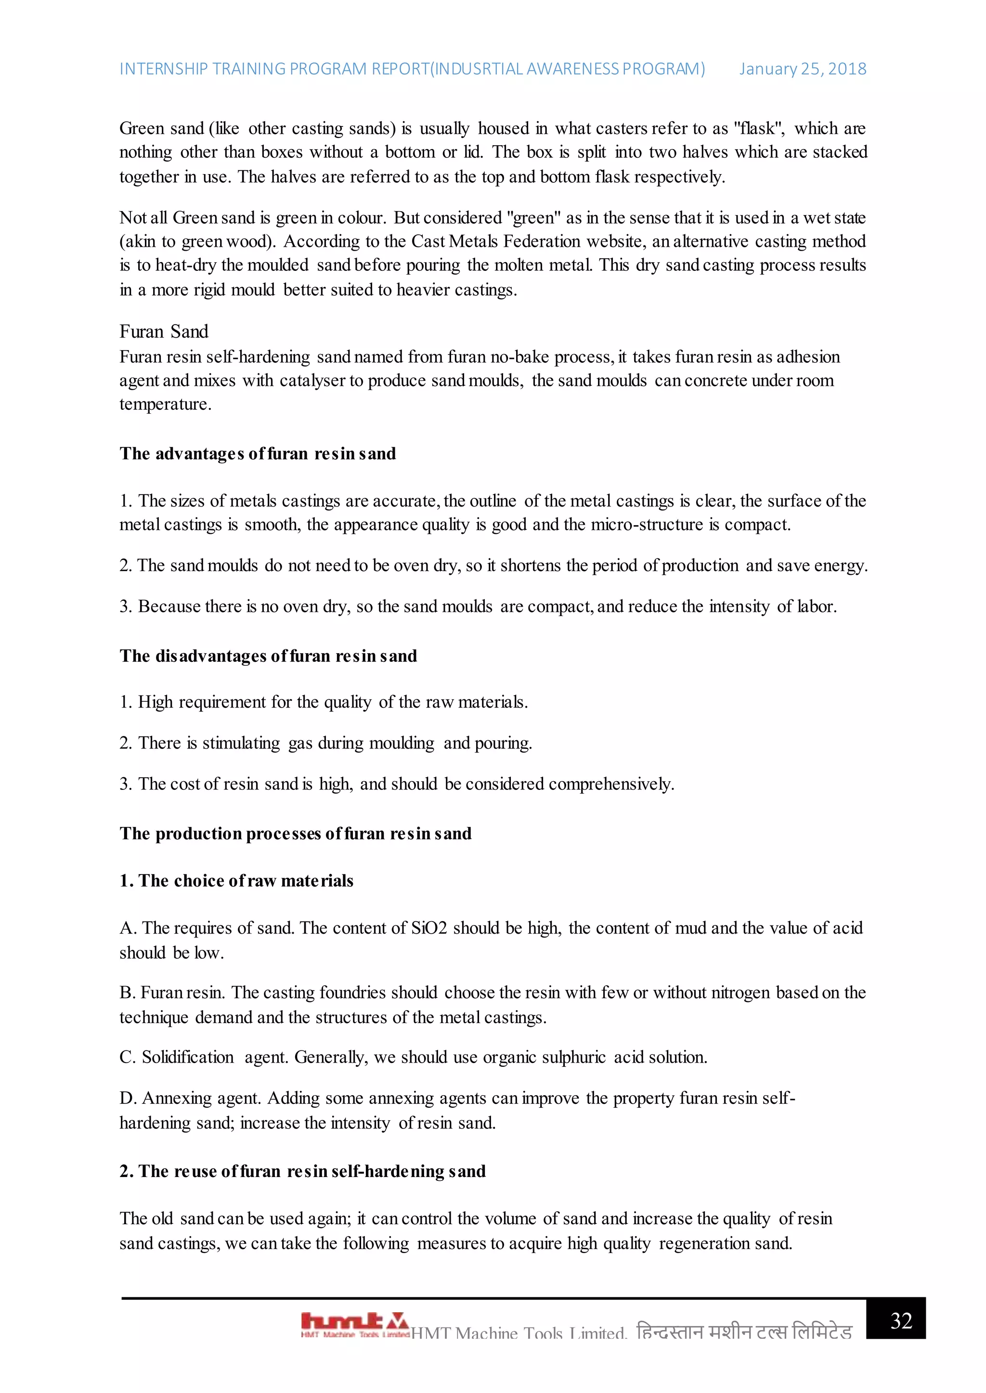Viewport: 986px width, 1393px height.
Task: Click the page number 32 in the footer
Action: [901, 1321]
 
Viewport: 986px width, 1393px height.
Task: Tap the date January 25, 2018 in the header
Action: [802, 69]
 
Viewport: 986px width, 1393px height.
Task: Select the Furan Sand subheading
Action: [163, 331]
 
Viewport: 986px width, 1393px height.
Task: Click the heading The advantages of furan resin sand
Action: [258, 454]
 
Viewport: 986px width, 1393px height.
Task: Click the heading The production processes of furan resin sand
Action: [295, 834]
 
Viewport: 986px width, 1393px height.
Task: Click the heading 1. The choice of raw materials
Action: [236, 881]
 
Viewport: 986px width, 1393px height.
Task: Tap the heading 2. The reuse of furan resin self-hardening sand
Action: [302, 1172]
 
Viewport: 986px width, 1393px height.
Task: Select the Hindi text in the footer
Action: [744, 1332]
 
